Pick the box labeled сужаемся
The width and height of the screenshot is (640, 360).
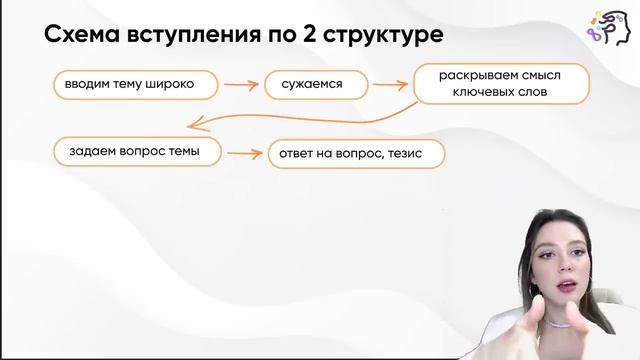click(x=312, y=85)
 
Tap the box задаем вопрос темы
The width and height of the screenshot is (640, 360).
click(x=135, y=151)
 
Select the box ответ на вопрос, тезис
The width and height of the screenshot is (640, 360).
click(x=355, y=155)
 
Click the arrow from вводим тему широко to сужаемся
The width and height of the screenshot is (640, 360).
click(x=241, y=86)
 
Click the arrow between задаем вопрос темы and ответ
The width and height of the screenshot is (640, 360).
click(x=244, y=154)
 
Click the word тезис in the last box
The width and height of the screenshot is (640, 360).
click(x=415, y=155)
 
